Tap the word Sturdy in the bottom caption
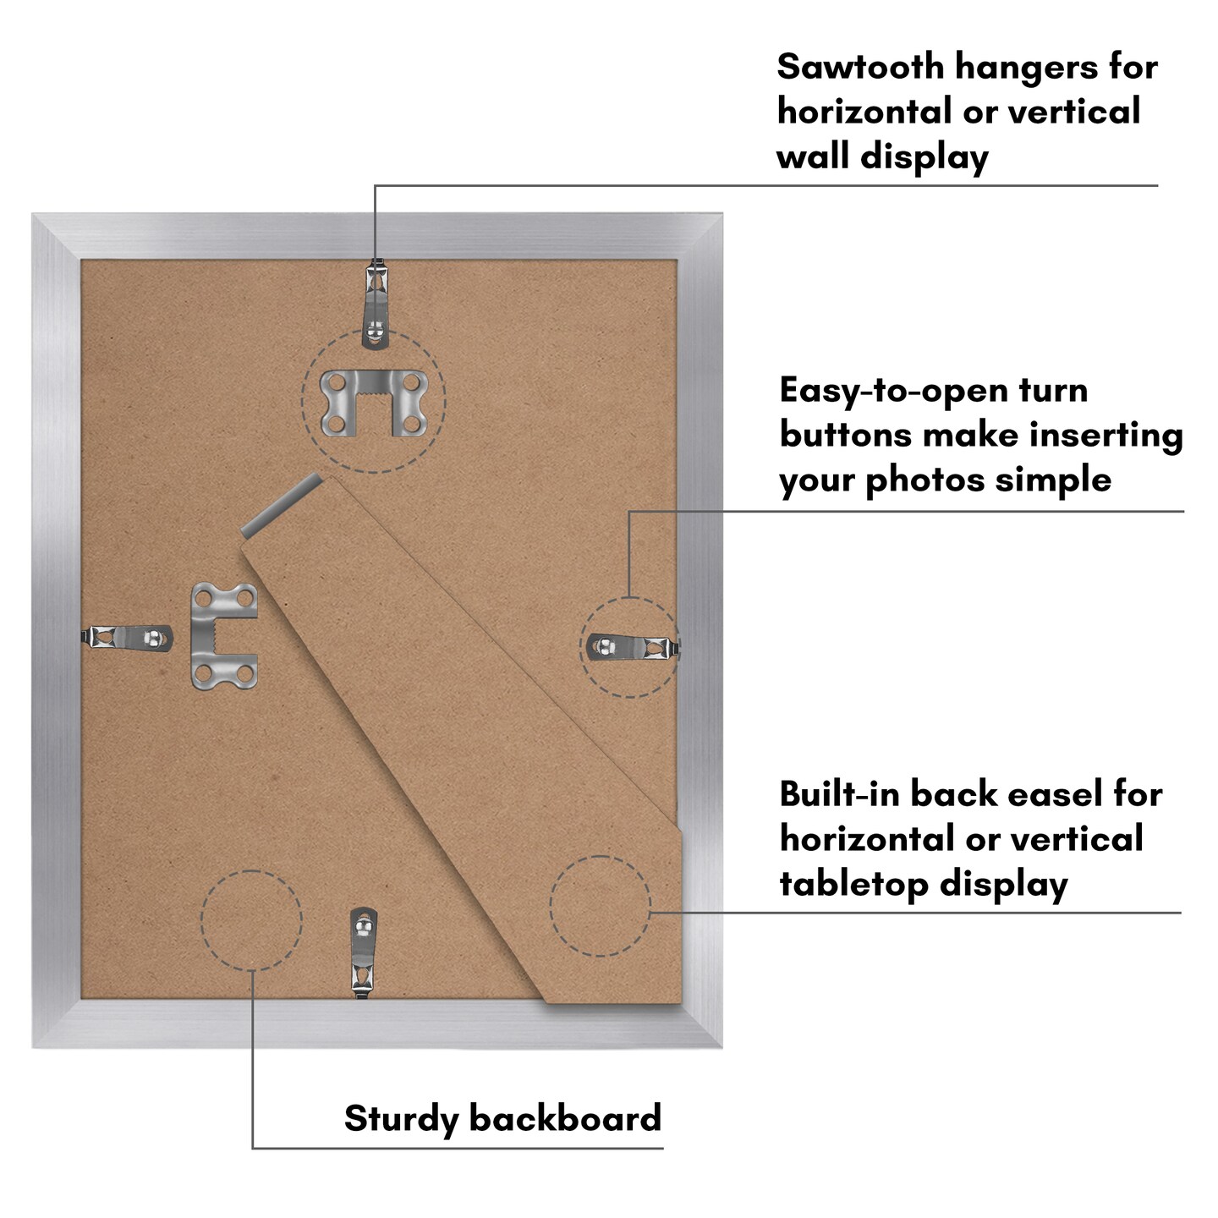(401, 1118)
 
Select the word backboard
(565, 1118)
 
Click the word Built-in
(837, 794)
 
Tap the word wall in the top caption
(812, 157)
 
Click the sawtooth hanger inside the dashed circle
(374, 401)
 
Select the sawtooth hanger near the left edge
(223, 636)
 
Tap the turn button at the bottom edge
(364, 951)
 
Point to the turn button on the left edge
(129, 637)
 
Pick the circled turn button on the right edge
(632, 648)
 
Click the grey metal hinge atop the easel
(282, 506)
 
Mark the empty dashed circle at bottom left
(251, 920)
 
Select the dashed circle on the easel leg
(600, 906)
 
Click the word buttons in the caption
(845, 436)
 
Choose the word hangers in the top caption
(1022, 67)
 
